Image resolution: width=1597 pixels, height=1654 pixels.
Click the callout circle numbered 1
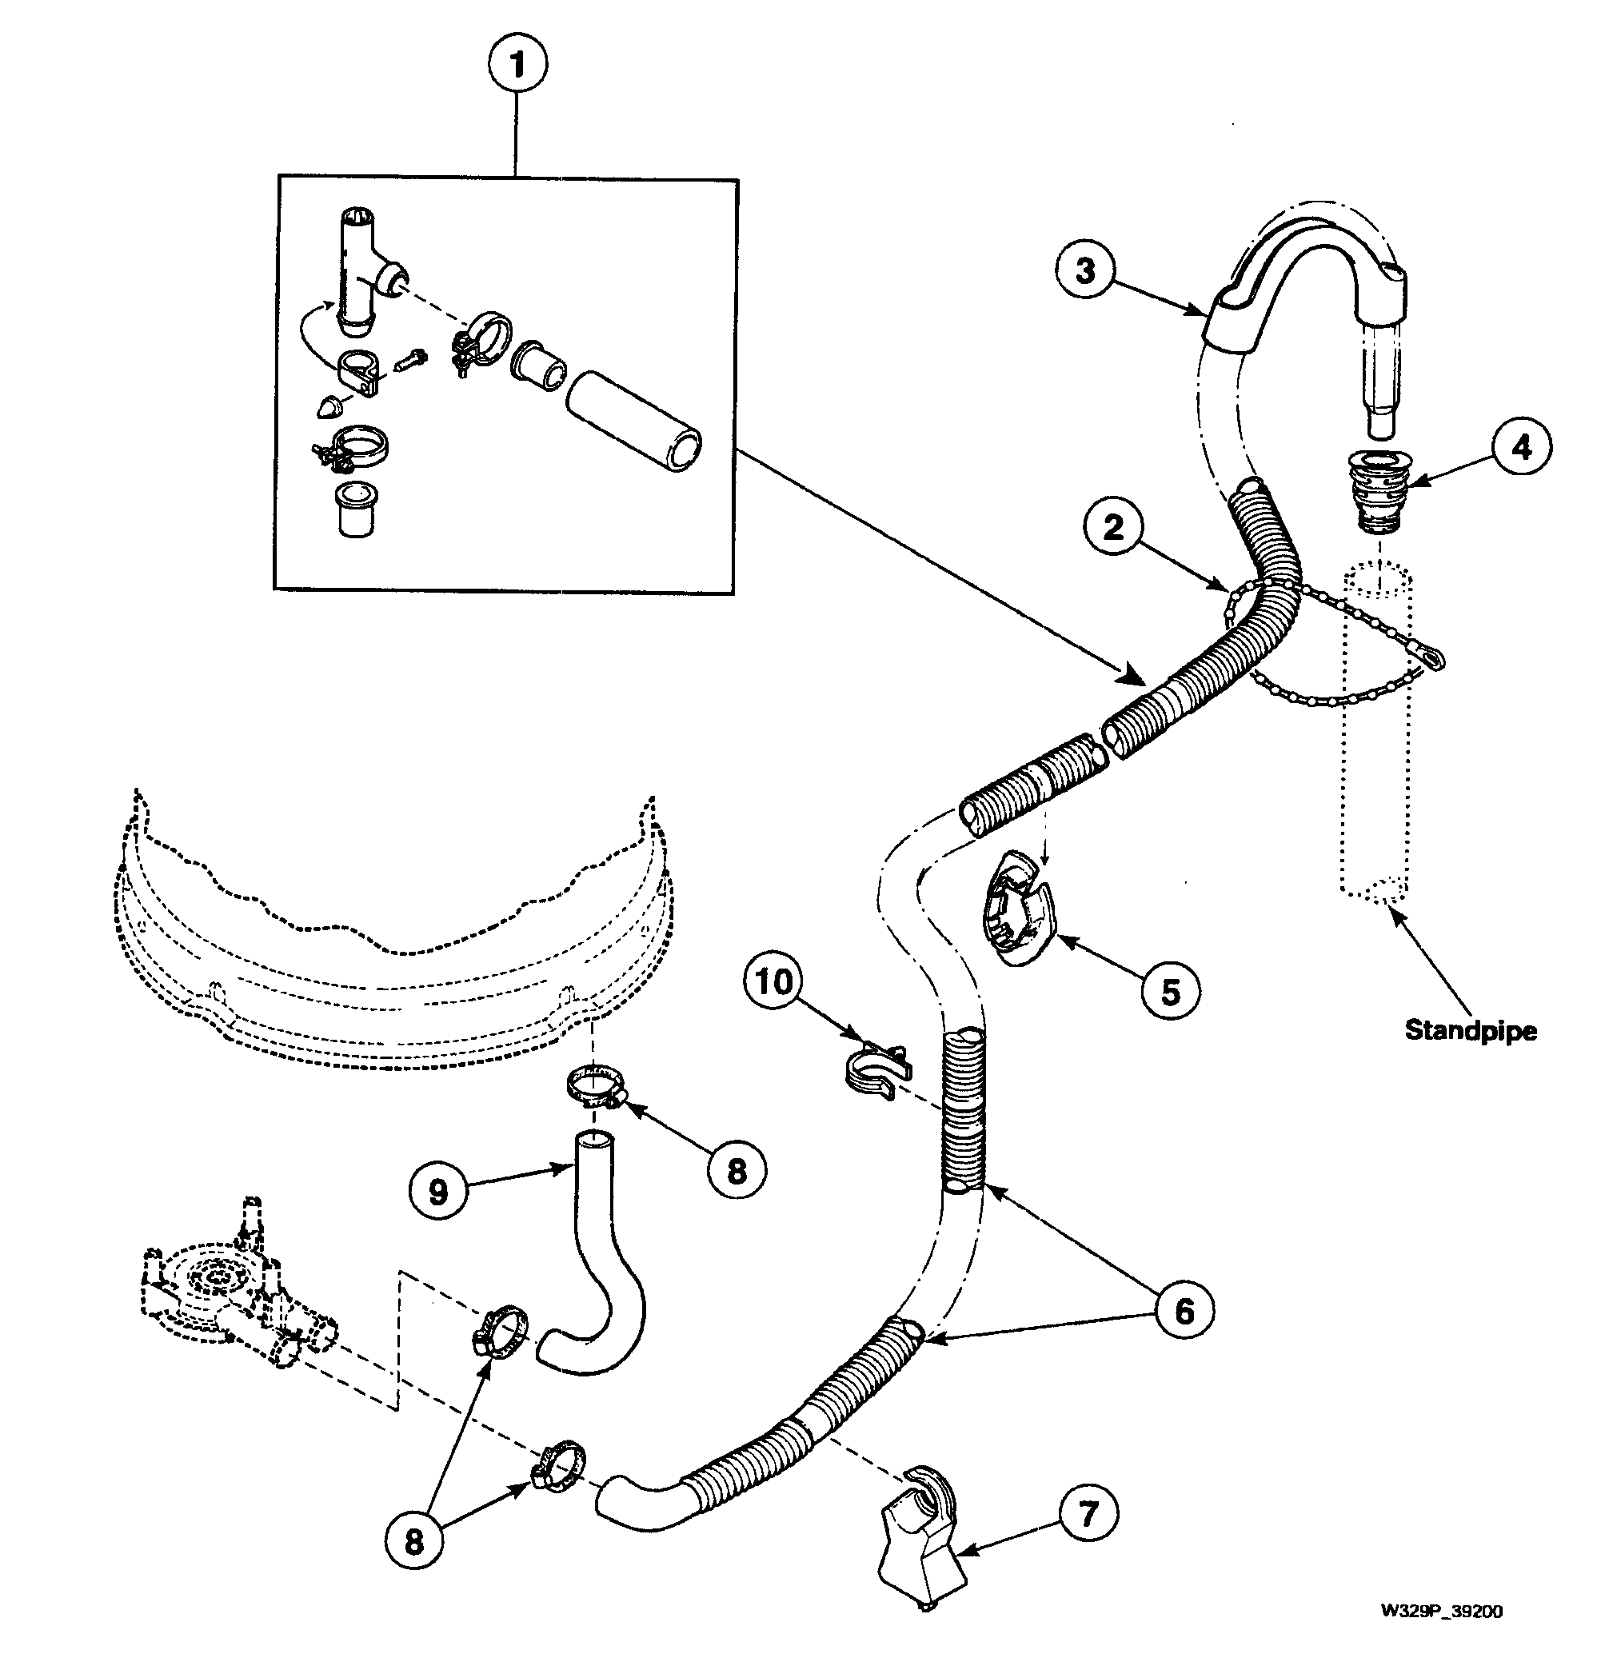point(517,64)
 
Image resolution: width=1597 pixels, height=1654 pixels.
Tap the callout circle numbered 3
point(1085,271)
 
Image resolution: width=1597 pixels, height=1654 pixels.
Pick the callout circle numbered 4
point(1521,447)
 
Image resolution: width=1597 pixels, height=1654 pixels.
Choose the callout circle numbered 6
point(1184,1311)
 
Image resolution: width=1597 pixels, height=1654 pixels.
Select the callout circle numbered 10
point(773,981)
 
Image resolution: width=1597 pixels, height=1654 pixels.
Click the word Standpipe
point(1470,1030)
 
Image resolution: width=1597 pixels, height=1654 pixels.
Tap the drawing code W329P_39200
point(1441,1611)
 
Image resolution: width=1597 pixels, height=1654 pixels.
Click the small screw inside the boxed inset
point(411,362)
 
